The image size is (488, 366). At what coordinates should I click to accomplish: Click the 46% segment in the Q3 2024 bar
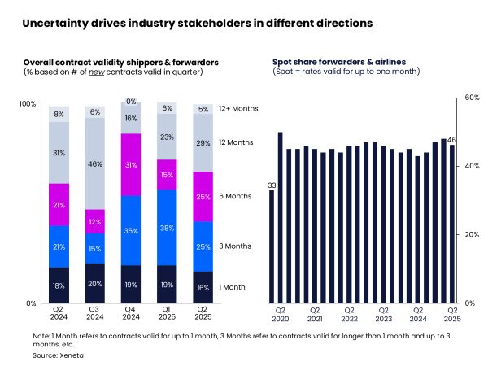pos(94,163)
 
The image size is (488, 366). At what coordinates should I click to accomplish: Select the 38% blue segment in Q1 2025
pos(167,228)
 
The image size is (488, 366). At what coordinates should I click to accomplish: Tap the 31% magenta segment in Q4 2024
pos(130,165)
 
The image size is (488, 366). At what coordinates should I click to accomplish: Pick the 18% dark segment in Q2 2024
pos(59,285)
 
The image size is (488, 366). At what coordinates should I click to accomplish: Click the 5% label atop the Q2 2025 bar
pos(203,108)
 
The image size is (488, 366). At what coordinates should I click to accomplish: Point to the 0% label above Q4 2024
pos(130,102)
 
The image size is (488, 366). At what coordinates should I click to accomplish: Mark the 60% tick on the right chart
pos(471,97)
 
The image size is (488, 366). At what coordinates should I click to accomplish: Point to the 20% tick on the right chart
pos(471,234)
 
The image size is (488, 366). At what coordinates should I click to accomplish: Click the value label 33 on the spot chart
pos(272,185)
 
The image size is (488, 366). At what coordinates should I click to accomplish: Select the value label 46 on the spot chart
pos(452,140)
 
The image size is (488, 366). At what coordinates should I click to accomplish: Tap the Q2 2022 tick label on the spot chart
pos(349,314)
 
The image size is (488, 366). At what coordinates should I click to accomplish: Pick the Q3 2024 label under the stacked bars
pos(94,314)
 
